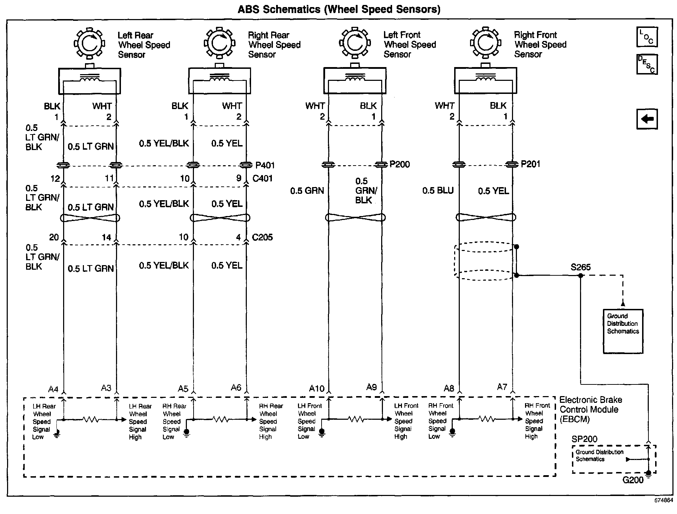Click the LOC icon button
(x=647, y=37)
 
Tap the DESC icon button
(x=647, y=64)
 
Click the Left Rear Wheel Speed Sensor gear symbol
(x=90, y=43)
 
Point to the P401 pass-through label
(x=265, y=165)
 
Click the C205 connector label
(x=262, y=237)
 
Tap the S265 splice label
(x=580, y=267)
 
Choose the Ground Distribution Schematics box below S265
(x=623, y=331)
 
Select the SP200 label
(x=584, y=439)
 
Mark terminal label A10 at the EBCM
(x=316, y=389)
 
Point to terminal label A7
(x=502, y=387)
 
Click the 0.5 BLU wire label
(x=438, y=191)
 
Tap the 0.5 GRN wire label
(x=307, y=191)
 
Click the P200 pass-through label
(x=400, y=164)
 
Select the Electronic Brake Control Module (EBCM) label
(x=590, y=410)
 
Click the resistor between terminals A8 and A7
(x=487, y=419)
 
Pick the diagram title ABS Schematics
(x=339, y=9)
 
